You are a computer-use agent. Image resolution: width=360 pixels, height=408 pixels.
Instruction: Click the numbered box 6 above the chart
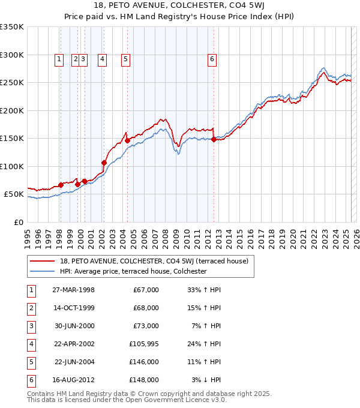click(x=212, y=59)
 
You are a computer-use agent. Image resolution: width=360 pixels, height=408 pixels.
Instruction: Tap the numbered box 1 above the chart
click(x=59, y=59)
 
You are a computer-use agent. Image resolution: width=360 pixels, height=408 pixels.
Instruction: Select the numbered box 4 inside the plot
click(x=103, y=59)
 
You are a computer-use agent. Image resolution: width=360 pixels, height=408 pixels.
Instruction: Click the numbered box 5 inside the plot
click(x=125, y=59)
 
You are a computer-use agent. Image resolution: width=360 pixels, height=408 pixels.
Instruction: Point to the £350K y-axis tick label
click(x=12, y=27)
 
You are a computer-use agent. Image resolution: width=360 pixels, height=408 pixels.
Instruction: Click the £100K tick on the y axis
click(x=12, y=166)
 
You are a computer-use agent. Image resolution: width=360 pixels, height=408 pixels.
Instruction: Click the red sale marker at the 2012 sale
click(x=214, y=140)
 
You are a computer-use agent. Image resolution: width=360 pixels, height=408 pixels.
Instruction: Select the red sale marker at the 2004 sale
click(x=127, y=140)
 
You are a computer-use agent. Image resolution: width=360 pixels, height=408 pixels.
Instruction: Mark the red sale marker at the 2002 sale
click(x=104, y=163)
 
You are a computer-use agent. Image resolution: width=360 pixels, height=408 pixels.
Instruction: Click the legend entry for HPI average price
click(x=133, y=271)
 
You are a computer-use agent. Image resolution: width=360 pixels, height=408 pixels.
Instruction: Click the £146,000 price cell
click(x=145, y=362)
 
